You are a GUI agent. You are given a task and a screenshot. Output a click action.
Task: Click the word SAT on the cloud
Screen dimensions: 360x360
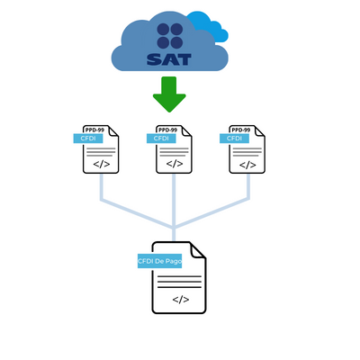[x=169, y=59]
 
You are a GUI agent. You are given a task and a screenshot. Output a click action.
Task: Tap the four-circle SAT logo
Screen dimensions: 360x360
[x=170, y=36]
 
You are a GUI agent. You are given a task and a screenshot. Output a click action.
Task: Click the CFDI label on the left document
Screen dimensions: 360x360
[x=88, y=139]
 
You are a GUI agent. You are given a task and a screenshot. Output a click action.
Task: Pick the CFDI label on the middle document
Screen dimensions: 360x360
[x=161, y=139]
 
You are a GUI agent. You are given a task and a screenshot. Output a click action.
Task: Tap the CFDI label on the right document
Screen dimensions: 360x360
[x=234, y=139]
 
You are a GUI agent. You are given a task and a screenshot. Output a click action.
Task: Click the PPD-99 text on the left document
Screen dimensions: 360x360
[x=94, y=130]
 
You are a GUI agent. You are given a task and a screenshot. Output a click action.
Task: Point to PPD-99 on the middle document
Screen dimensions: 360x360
[x=167, y=130]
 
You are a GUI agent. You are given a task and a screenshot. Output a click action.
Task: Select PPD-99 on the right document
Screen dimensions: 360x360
[x=241, y=130]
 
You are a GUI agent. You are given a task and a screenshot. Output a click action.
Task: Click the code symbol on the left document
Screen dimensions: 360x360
[x=102, y=164]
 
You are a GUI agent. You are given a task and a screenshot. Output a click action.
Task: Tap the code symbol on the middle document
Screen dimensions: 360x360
[x=175, y=164]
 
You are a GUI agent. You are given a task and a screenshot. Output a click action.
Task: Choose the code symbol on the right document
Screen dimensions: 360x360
[x=247, y=165]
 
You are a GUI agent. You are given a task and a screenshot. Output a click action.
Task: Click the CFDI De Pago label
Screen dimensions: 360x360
[x=159, y=261]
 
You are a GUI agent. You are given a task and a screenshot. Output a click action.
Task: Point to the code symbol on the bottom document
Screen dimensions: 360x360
[x=181, y=300]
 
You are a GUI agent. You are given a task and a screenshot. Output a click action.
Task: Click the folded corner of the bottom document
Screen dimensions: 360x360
[x=198, y=251]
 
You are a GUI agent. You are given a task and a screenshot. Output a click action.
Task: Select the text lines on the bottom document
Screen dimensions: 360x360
[x=179, y=282]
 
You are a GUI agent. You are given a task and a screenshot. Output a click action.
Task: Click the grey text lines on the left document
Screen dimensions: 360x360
[x=101, y=152]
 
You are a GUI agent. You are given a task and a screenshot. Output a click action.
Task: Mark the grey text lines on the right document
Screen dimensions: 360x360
[x=247, y=152]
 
